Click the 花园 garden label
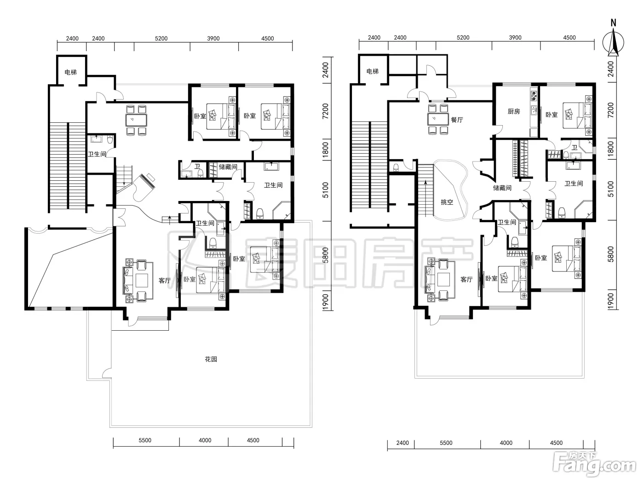coord(211,359)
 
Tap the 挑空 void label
coord(447,202)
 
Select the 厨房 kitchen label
coord(514,111)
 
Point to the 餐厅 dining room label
coord(457,120)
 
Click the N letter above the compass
coord(613,23)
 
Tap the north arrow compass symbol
coord(613,42)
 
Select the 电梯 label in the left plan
coord(71,72)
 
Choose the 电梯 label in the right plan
coord(373,71)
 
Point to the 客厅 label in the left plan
coord(165,281)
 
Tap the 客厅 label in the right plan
coord(466,280)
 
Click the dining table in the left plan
coord(137,120)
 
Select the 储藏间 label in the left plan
coord(228,167)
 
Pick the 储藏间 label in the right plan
coord(502,188)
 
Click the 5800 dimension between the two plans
coord(325,255)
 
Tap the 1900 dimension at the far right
coord(611,300)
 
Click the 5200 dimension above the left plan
coord(161,39)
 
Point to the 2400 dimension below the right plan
coord(402,443)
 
